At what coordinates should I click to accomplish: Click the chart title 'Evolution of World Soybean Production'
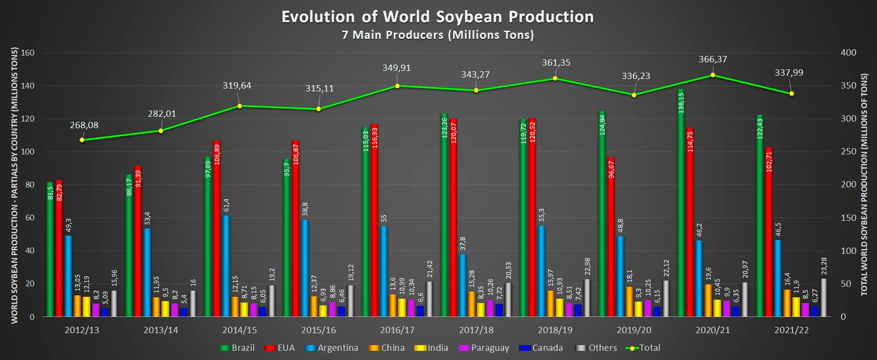point(437,16)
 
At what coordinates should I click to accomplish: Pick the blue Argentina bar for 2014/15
point(226,266)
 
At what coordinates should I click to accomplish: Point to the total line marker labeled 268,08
point(82,140)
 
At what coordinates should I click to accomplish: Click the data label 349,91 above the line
point(396,68)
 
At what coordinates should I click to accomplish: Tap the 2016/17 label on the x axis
point(397,330)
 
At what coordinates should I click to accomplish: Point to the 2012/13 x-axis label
point(82,330)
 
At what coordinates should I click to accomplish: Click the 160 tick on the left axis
point(27,53)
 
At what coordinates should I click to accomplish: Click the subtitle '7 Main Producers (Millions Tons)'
point(437,35)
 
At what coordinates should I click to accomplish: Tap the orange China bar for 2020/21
point(708,300)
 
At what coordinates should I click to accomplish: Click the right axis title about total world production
point(864,185)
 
